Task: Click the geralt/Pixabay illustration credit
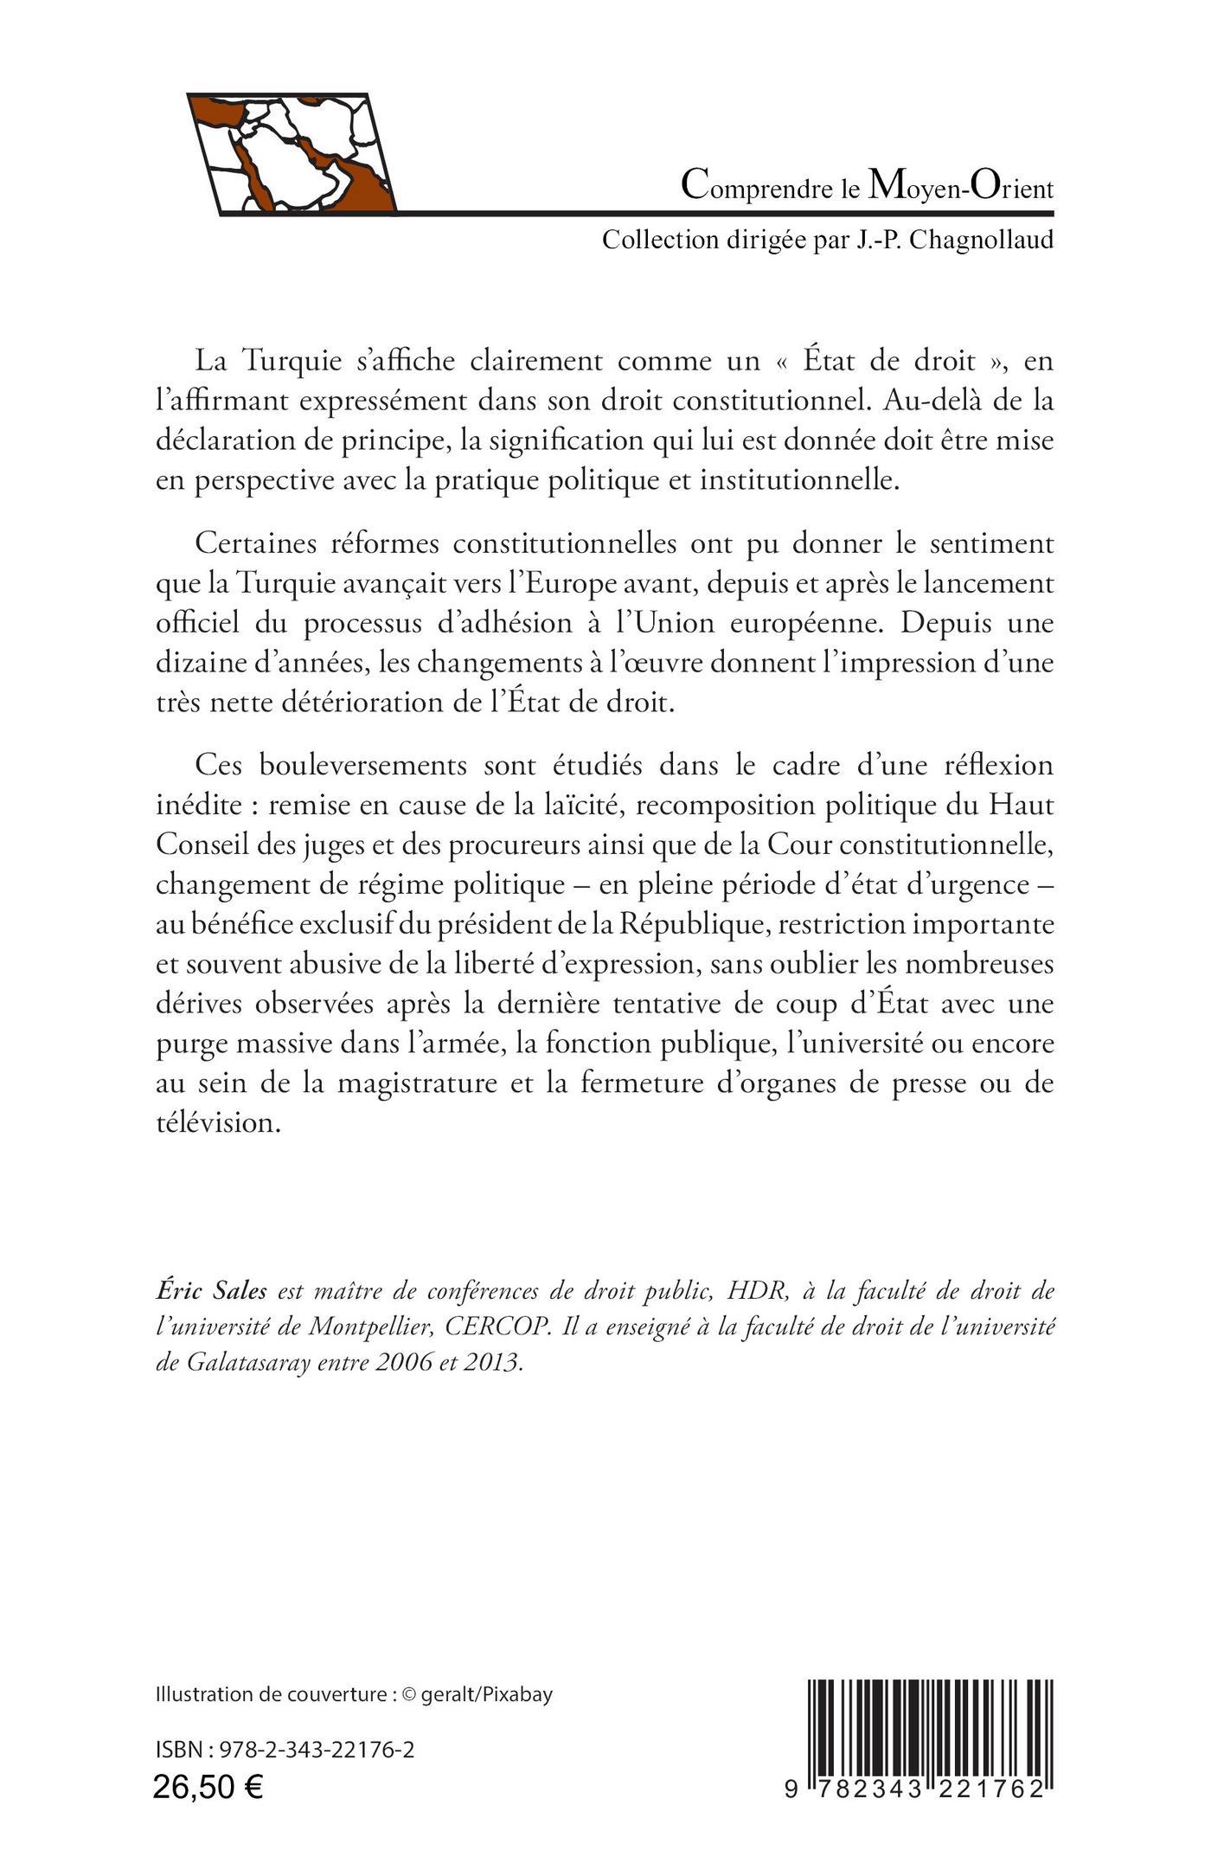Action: click(x=486, y=1693)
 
